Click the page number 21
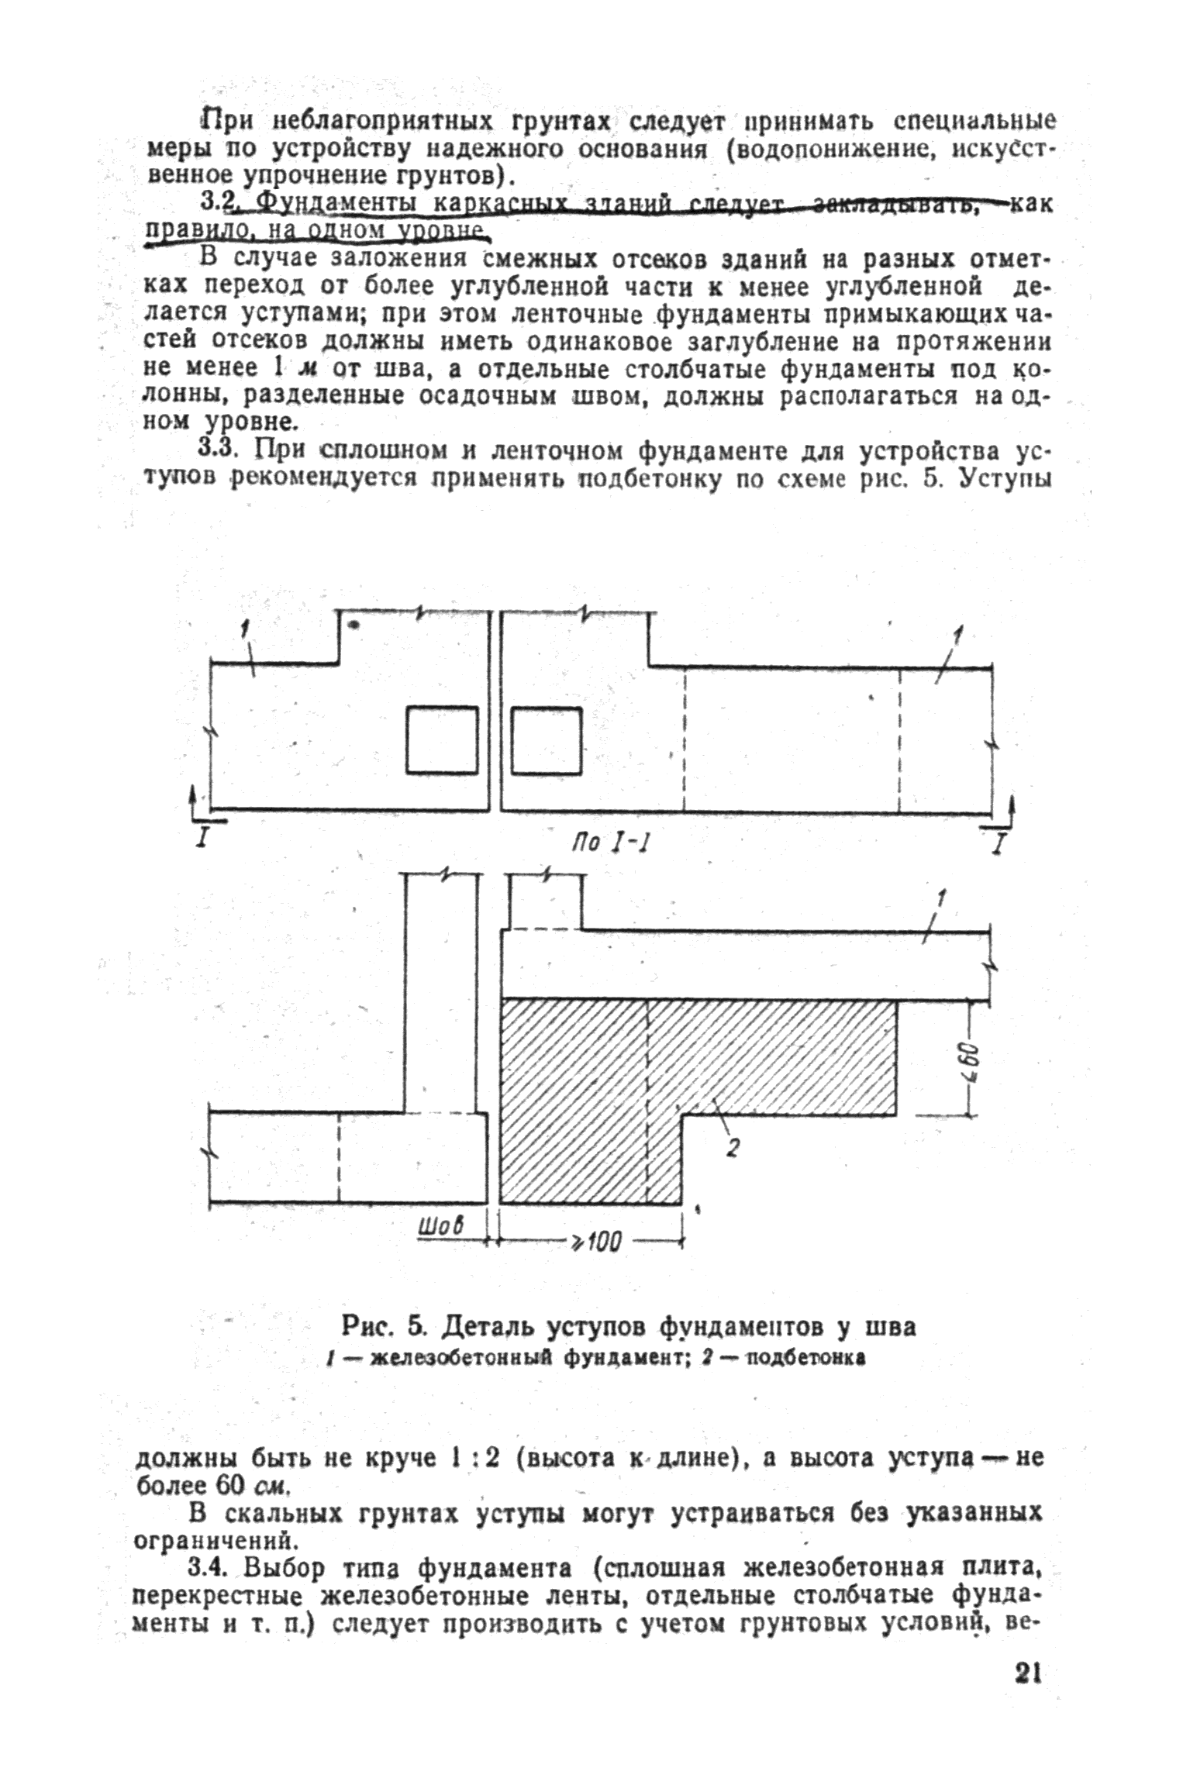tap(1026, 1692)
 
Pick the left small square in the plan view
tap(442, 740)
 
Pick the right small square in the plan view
tap(546, 740)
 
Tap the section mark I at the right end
tap(999, 841)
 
